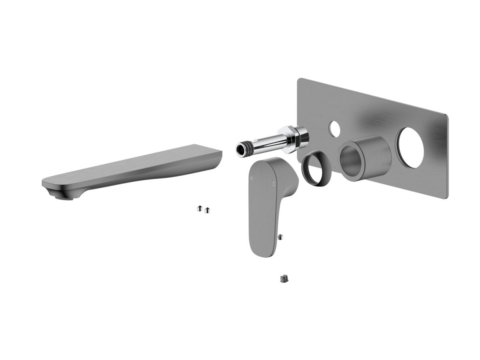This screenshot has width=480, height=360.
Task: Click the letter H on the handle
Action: coord(251,178)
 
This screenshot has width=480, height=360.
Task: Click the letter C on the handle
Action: coord(274,184)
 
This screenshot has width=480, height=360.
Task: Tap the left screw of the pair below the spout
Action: coord(199,208)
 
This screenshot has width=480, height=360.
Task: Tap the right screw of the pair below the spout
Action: coord(207,210)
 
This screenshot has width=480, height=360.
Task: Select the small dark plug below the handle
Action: coord(284,278)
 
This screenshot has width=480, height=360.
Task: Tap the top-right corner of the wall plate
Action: coord(446,116)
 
